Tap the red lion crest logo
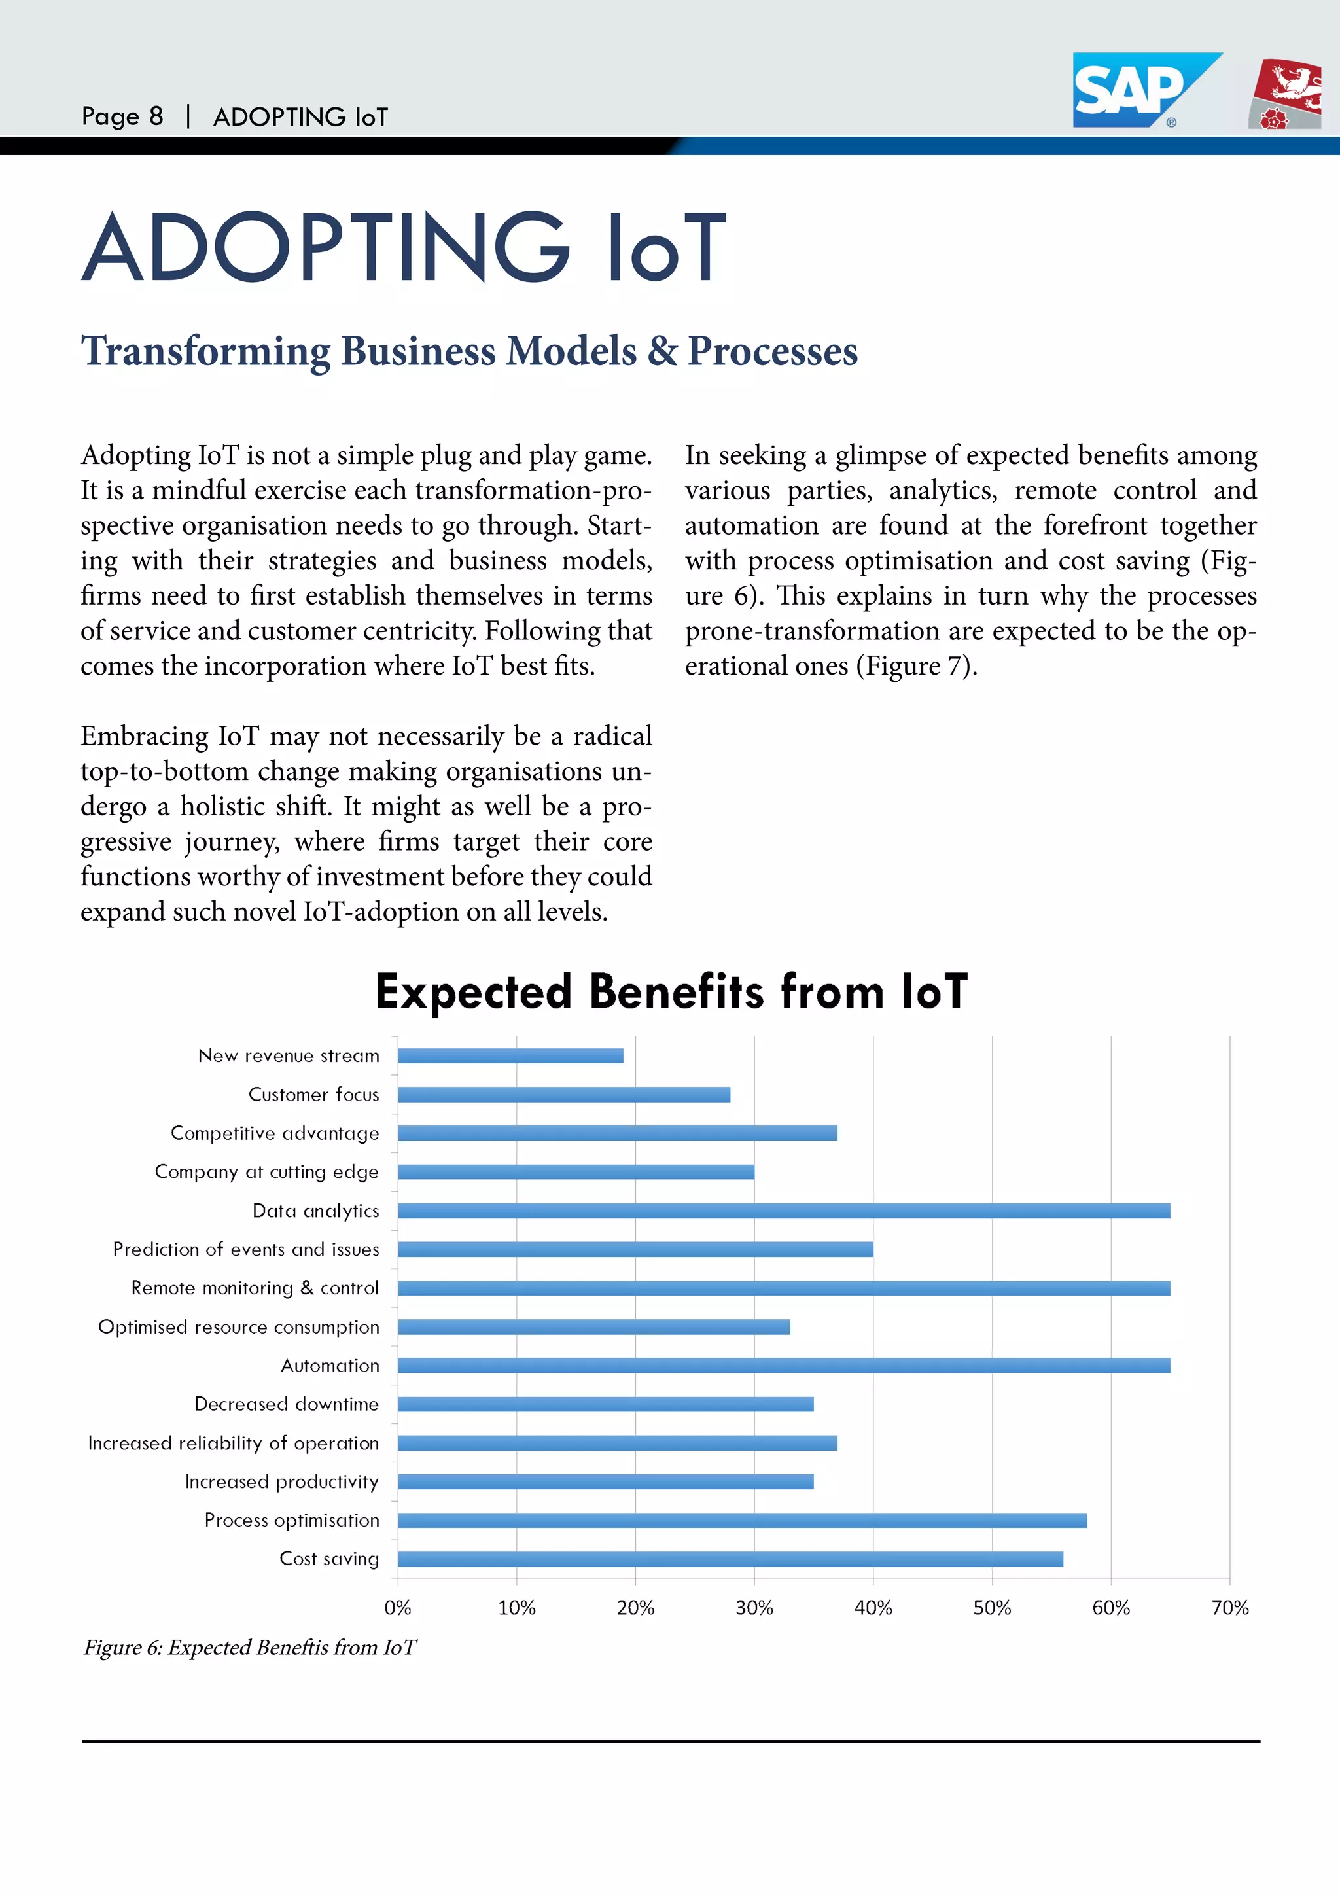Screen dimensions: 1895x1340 (x=1286, y=94)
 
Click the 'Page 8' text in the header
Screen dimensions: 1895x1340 (x=122, y=116)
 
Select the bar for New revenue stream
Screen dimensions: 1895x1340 (x=510, y=1055)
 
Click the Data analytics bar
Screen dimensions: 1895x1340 (x=783, y=1211)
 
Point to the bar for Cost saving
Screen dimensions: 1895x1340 (x=730, y=1559)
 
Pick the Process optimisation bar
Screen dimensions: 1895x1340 (x=742, y=1520)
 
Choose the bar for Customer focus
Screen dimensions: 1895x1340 (x=563, y=1095)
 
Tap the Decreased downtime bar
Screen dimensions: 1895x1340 (x=605, y=1404)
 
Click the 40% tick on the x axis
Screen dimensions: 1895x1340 (x=873, y=1608)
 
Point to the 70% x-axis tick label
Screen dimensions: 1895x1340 (x=1229, y=1608)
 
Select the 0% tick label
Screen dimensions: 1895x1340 (x=398, y=1608)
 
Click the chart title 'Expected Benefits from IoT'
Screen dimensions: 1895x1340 (x=671, y=991)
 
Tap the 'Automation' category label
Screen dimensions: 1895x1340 (x=330, y=1366)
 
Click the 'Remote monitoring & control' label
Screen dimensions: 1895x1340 (x=255, y=1288)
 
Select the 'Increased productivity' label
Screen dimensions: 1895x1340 (x=281, y=1481)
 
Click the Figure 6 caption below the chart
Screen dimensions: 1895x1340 (x=250, y=1648)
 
